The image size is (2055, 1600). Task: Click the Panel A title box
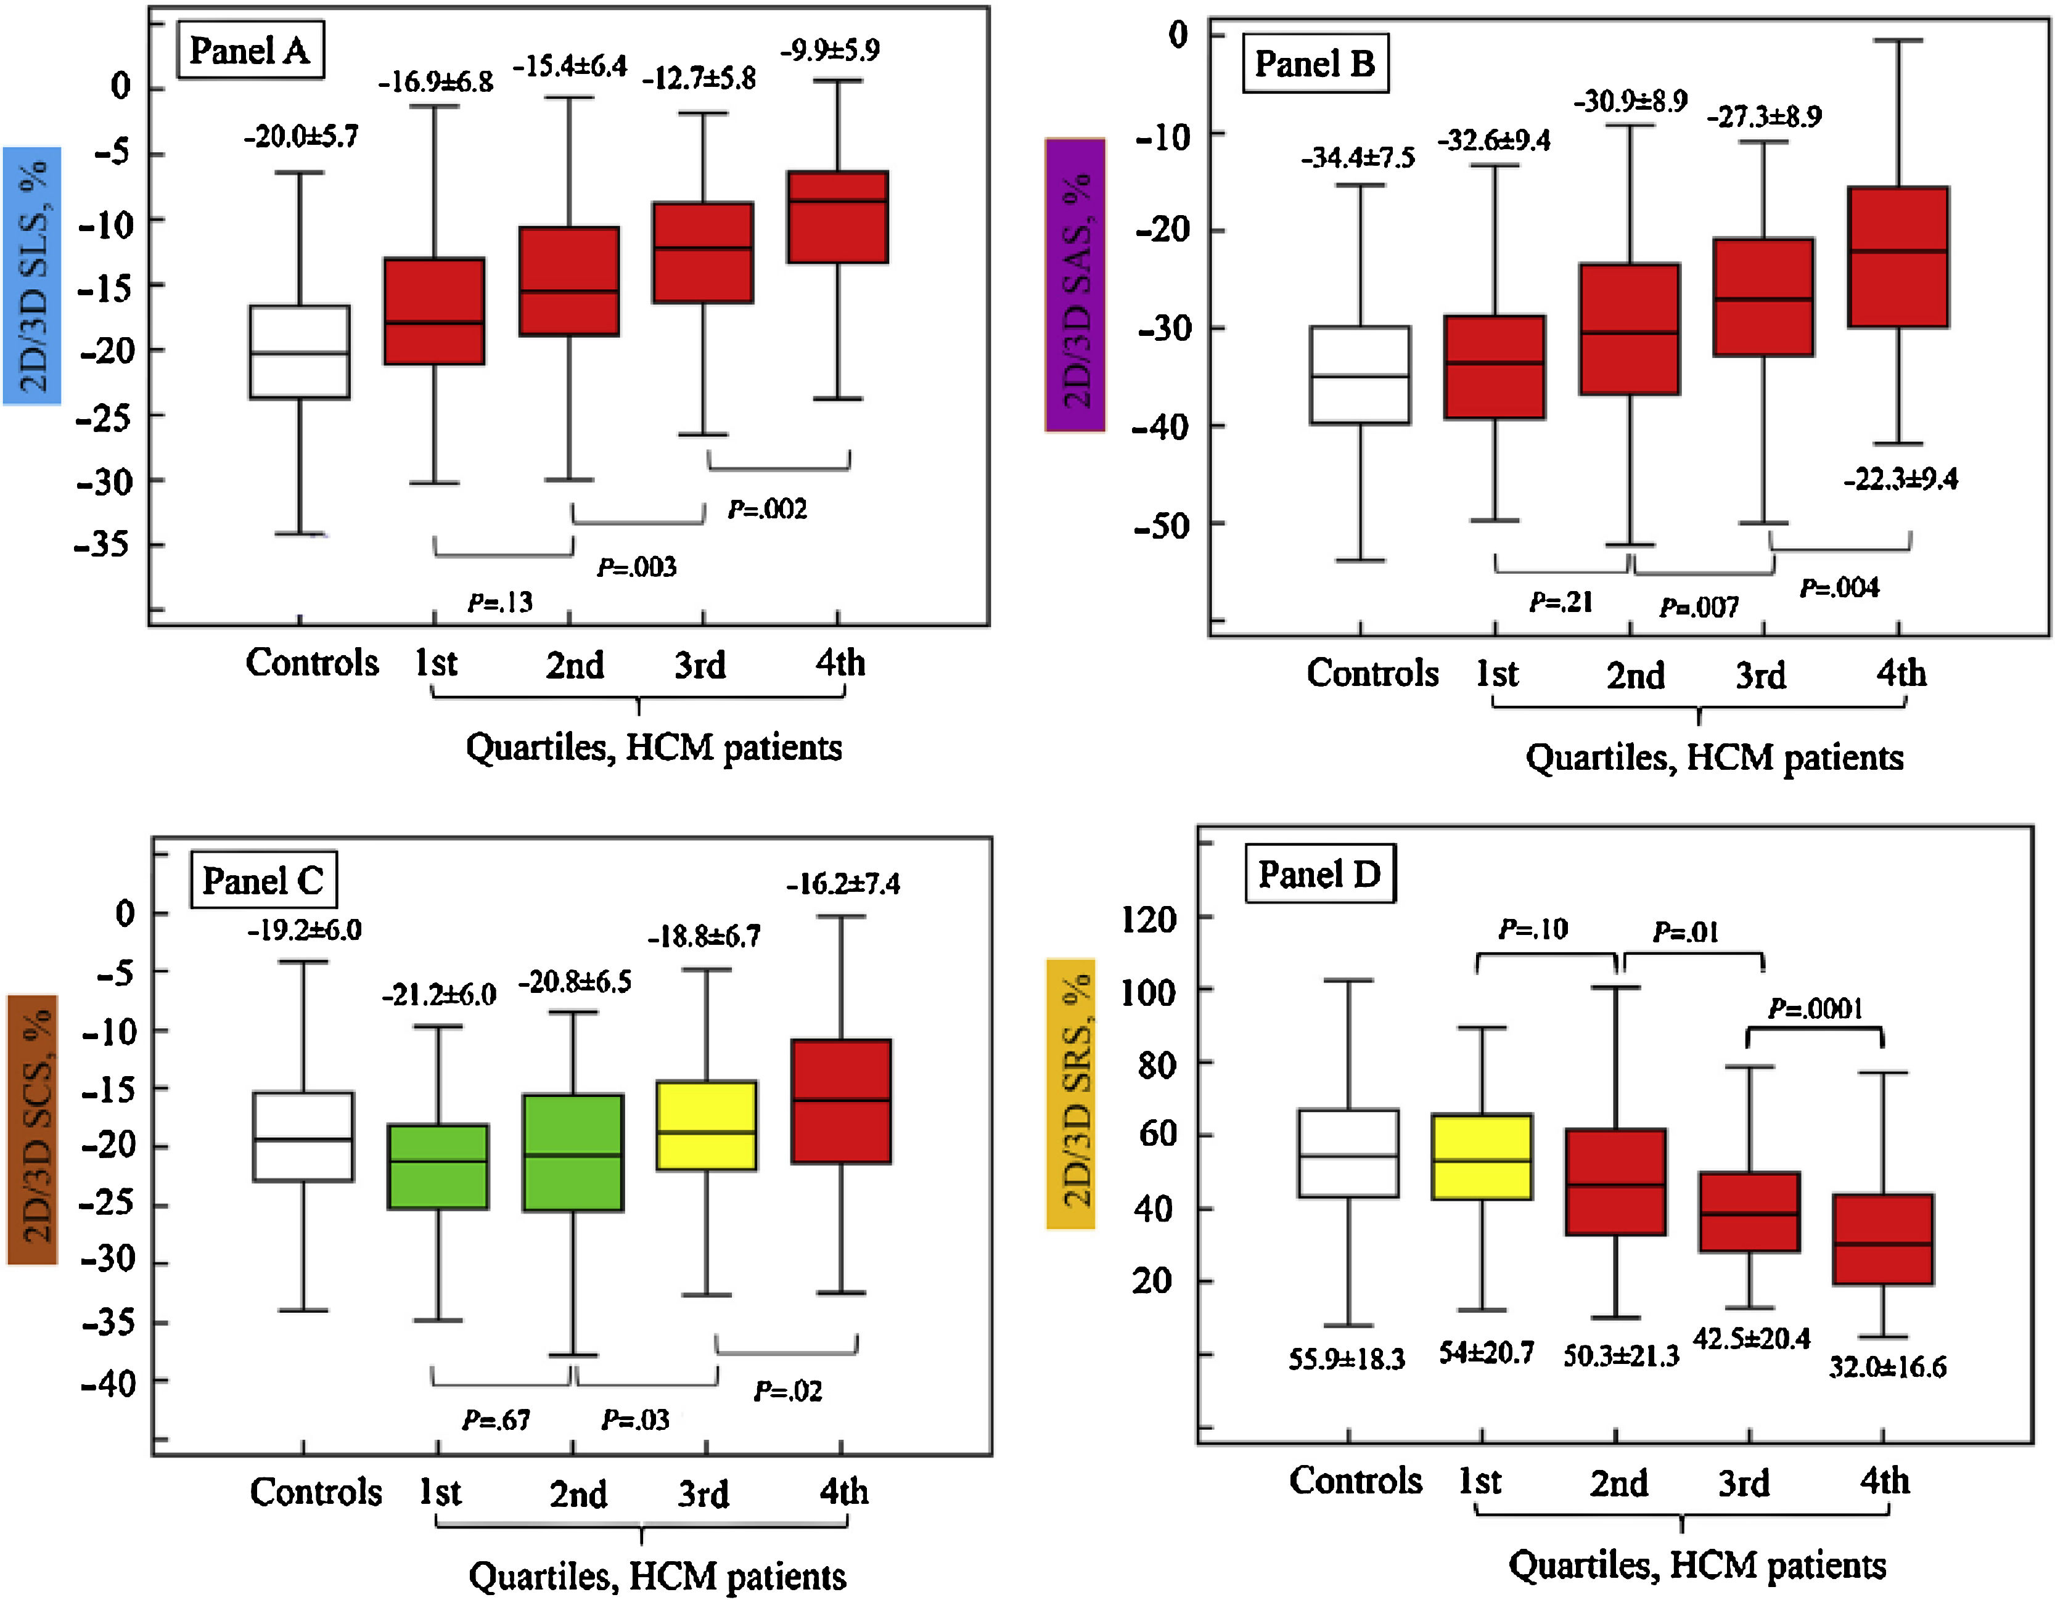coord(249,51)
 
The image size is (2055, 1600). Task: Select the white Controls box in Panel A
coord(299,352)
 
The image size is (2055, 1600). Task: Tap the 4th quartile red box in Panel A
coord(837,218)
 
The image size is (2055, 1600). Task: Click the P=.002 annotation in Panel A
coord(767,510)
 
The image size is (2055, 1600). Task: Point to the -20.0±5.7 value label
coord(301,137)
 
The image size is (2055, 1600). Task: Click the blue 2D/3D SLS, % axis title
coord(33,276)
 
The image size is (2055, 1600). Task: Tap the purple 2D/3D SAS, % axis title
coord(1075,285)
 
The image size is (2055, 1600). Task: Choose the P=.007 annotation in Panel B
coord(1699,606)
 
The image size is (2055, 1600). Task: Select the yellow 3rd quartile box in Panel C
coord(706,1125)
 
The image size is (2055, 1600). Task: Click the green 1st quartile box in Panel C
coord(438,1166)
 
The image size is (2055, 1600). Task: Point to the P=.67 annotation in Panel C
coord(496,1419)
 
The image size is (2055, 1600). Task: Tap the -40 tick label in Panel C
coord(109,1382)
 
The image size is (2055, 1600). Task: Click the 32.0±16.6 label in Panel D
coord(1887,1367)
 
